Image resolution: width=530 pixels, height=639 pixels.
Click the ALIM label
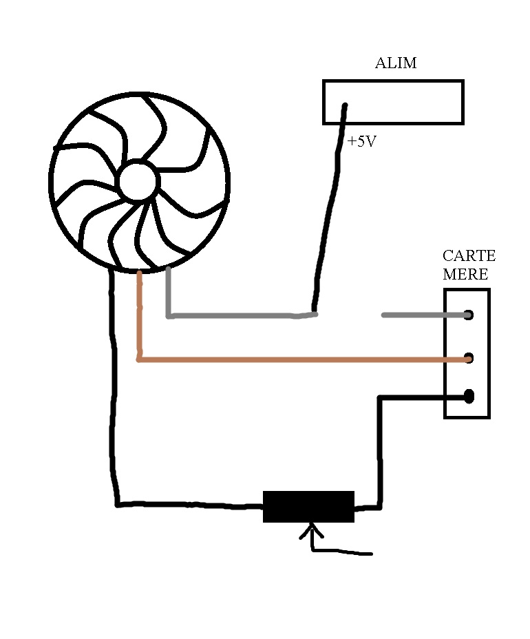point(395,63)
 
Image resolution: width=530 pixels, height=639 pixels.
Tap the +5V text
point(362,143)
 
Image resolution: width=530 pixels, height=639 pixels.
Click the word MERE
point(465,274)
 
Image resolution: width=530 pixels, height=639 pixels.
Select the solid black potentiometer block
point(308,506)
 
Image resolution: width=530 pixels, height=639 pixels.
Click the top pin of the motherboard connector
point(469,315)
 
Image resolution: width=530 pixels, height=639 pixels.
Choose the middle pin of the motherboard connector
point(469,358)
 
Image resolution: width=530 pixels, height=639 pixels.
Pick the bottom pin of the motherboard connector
point(469,396)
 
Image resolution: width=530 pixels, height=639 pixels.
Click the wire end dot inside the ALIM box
point(345,105)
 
